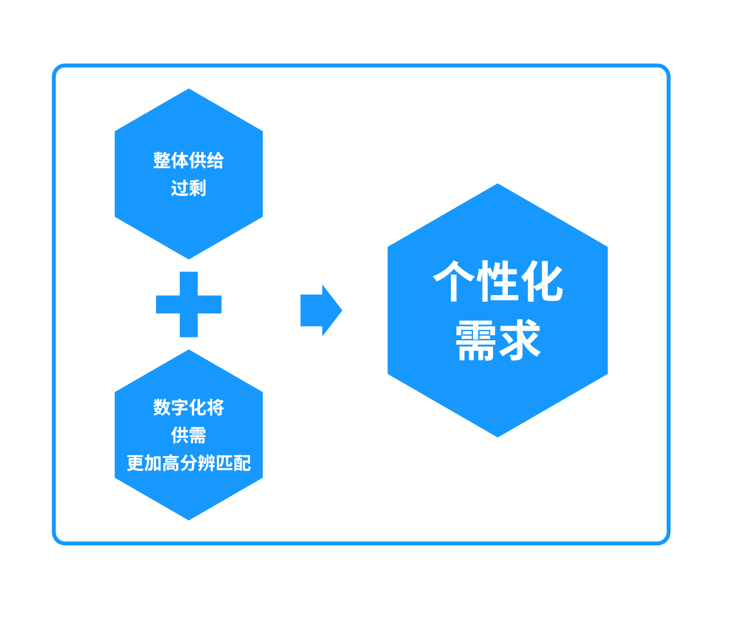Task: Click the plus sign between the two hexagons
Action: pyautogui.click(x=188, y=305)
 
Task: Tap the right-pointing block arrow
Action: pyautogui.click(x=321, y=310)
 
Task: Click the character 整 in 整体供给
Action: pyautogui.click(x=162, y=160)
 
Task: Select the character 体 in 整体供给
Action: pyautogui.click(x=179, y=160)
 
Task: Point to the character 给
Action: pyautogui.click(x=216, y=160)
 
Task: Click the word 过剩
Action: pyautogui.click(x=188, y=188)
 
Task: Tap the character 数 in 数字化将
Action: pyautogui.click(x=162, y=407)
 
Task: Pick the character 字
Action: pyautogui.click(x=179, y=407)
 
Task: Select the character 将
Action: pyautogui.click(x=216, y=407)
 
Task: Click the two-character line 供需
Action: pyautogui.click(x=188, y=435)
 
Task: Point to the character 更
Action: pyautogui.click(x=135, y=463)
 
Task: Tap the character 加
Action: pyautogui.click(x=153, y=463)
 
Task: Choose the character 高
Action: pyautogui.click(x=171, y=463)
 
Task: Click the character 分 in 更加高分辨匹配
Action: pyautogui.click(x=188, y=463)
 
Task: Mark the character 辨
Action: pyautogui.click(x=207, y=463)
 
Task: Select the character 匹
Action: pyautogui.click(x=224, y=463)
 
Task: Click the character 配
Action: pyautogui.click(x=242, y=463)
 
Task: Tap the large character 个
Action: pyautogui.click(x=454, y=281)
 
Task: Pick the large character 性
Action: pyautogui.click(x=498, y=281)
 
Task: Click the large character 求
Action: pyautogui.click(x=520, y=339)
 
